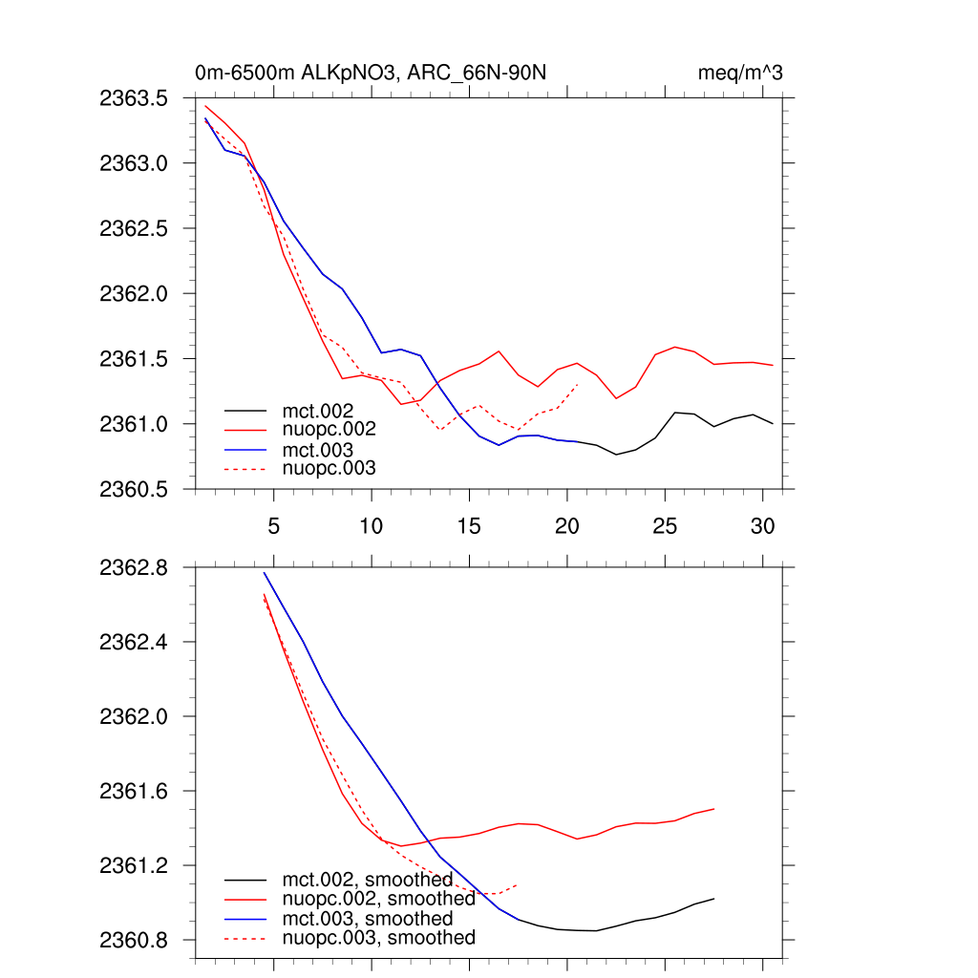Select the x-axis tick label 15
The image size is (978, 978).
click(468, 526)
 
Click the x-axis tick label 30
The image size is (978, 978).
click(761, 526)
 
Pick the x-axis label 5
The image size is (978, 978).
click(273, 526)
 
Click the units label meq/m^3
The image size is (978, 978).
click(741, 74)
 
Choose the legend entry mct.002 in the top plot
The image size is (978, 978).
click(325, 412)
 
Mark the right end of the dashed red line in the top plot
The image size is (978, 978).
click(579, 384)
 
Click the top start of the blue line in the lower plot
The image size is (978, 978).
click(265, 572)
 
